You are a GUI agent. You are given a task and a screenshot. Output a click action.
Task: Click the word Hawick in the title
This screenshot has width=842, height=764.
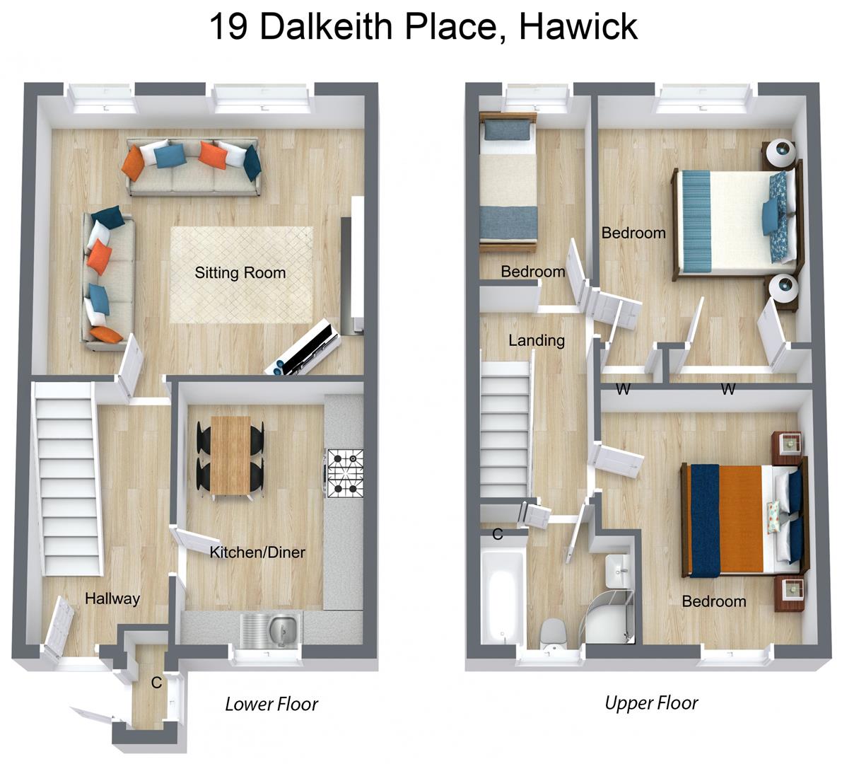pyautogui.click(x=578, y=27)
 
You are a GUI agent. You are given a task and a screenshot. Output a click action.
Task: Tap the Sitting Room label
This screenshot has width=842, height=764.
pyautogui.click(x=240, y=273)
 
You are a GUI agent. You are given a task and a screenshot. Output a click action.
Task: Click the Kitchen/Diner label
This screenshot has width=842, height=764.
pyautogui.click(x=257, y=552)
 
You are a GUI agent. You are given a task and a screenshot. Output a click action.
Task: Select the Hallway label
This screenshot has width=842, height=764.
pyautogui.click(x=112, y=598)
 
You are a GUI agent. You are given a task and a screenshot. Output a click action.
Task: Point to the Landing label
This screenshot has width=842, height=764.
pyautogui.click(x=537, y=340)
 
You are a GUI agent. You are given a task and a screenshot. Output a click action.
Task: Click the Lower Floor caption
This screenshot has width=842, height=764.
pyautogui.click(x=271, y=704)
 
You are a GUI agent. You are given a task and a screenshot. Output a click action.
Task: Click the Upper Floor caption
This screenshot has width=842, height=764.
pyautogui.click(x=651, y=702)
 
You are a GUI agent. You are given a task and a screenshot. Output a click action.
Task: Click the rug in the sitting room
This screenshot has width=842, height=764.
pyautogui.click(x=241, y=274)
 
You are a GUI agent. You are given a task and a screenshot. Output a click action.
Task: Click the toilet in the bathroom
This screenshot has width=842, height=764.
pyautogui.click(x=552, y=632)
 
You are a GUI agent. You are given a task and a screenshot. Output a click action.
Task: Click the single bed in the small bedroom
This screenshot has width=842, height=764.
pyautogui.click(x=507, y=184)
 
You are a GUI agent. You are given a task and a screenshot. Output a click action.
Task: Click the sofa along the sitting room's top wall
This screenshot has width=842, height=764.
pyautogui.click(x=192, y=167)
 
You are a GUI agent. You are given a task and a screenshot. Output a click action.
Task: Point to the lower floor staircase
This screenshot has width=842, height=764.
pyautogui.click(x=68, y=477)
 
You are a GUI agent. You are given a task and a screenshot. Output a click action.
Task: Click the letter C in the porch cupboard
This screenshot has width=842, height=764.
pyautogui.click(x=156, y=683)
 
